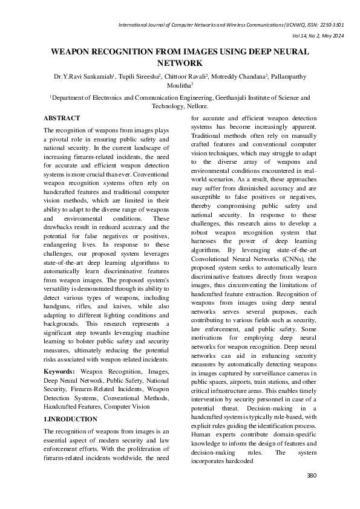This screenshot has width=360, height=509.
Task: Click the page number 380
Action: point(312,476)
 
